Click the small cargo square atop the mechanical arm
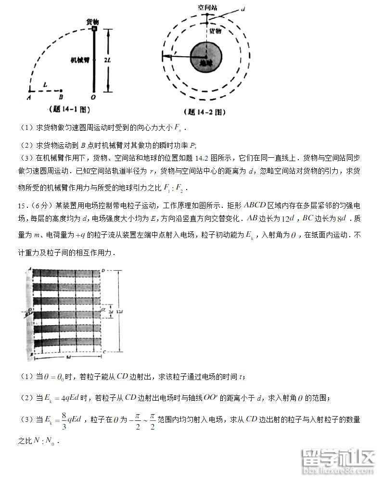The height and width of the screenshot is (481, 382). (x=95, y=29)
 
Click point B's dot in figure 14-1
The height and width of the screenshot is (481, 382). (x=62, y=90)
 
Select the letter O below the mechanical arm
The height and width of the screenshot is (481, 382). (x=93, y=97)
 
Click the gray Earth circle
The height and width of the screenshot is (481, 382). (x=206, y=56)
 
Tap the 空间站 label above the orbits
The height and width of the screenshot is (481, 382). (x=208, y=7)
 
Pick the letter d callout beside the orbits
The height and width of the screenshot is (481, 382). (x=244, y=9)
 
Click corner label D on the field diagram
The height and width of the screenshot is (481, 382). (x=103, y=270)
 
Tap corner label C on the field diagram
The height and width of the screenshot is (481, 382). (x=103, y=353)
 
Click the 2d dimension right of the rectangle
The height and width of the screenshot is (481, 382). (x=111, y=312)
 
